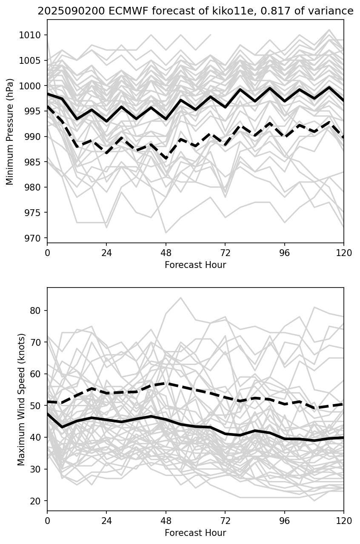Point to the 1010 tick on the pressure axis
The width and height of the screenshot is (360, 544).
coord(33,35)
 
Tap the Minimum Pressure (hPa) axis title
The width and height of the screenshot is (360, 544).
coord(10,131)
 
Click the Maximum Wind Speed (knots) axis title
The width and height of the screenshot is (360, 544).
coord(21,399)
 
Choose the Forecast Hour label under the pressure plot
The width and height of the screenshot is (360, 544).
coord(195,265)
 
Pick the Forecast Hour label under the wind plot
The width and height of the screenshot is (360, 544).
coord(195,533)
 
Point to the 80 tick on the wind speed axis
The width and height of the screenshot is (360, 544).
coord(37,310)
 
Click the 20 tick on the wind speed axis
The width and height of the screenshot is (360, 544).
coord(37,501)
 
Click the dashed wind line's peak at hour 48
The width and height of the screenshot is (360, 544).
coord(166,383)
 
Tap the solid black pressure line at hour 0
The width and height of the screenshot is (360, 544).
coord(48,94)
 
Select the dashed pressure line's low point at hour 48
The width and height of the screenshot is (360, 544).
coord(166,159)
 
